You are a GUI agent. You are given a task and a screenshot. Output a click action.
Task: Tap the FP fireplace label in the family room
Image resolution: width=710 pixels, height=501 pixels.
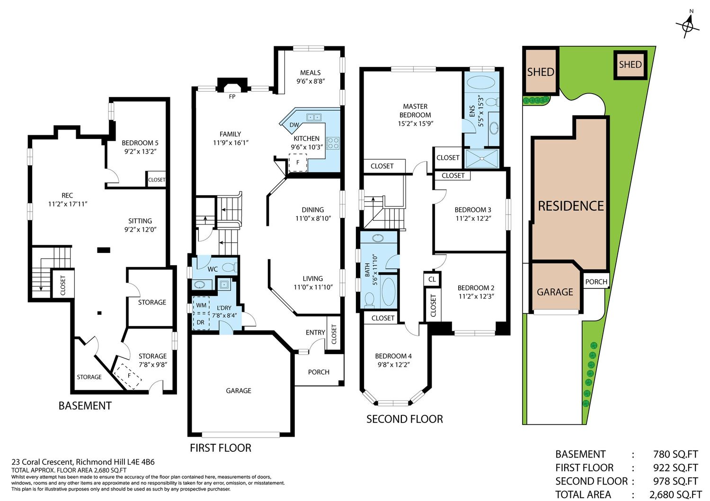coord(232,96)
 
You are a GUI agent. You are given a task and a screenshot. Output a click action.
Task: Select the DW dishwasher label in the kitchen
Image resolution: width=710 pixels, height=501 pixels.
coord(294,125)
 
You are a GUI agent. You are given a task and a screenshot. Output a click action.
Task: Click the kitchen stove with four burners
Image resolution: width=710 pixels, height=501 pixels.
coord(333,143)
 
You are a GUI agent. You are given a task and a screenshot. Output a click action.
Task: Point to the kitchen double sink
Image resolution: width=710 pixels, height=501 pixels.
coord(314,117)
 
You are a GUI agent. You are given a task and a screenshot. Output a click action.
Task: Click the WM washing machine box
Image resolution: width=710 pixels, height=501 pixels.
coord(201,305)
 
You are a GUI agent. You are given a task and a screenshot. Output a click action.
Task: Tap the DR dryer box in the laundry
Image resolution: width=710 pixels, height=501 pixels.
coord(201,322)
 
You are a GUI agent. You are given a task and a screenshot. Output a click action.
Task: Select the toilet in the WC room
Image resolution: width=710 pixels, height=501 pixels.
coord(230,268)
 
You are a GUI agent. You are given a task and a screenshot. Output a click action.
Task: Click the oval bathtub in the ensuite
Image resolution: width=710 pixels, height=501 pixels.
coord(481,83)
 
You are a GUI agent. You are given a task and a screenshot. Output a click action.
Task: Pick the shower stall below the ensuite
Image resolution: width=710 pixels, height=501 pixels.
coord(482,158)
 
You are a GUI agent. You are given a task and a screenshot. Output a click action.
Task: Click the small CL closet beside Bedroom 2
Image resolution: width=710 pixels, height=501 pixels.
coord(432,279)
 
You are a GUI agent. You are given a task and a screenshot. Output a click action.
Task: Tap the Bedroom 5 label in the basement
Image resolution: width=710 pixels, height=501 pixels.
coord(140,143)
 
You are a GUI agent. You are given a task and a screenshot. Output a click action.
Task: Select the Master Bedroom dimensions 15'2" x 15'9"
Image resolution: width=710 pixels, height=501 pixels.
coord(416,124)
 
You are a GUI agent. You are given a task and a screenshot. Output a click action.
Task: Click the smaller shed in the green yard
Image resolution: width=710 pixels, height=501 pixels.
coord(630,65)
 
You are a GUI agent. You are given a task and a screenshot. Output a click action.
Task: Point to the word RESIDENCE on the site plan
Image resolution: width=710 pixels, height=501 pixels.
coord(571,206)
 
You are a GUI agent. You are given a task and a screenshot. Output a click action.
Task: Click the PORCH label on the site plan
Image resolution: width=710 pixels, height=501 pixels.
coord(596,282)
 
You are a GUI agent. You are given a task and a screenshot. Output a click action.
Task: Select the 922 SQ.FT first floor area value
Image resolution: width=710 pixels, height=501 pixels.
coord(675,467)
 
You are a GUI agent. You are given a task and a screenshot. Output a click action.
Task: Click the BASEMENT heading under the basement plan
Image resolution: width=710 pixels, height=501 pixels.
coord(85,406)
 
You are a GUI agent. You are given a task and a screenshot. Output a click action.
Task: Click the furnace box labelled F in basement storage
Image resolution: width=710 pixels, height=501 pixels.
coord(128,376)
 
